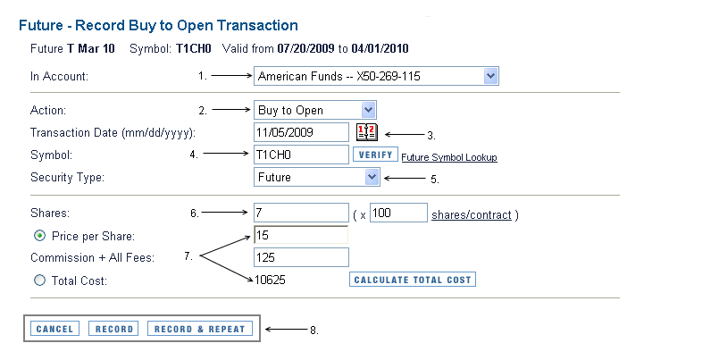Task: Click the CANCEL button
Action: (x=54, y=329)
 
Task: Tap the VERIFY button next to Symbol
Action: (x=375, y=155)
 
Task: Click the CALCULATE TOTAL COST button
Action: (x=412, y=280)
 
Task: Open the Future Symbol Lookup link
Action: (x=448, y=157)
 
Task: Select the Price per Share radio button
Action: (x=38, y=236)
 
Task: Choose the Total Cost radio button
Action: (x=38, y=280)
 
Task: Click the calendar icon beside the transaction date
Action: (x=366, y=132)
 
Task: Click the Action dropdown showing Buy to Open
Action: (x=315, y=110)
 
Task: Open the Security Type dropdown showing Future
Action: (x=317, y=177)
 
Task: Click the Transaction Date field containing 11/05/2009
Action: (x=301, y=132)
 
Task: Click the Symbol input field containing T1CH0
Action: (x=301, y=155)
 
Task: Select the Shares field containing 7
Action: (x=301, y=213)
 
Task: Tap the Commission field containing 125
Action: (x=301, y=257)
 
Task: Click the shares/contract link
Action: (x=471, y=215)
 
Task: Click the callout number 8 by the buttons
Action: (x=313, y=330)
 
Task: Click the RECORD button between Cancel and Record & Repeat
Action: (x=114, y=329)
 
